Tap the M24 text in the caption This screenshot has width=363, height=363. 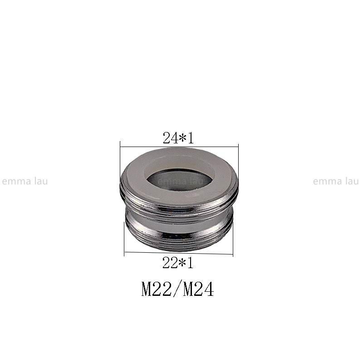tap(198, 289)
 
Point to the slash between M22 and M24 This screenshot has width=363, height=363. tap(177, 289)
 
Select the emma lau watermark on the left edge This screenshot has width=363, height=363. tap(25, 181)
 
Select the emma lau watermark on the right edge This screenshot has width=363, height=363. tap(336, 181)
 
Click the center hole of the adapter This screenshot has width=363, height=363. tap(180, 179)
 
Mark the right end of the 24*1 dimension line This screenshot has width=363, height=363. tap(238, 147)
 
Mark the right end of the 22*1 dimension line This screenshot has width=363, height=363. tap(233, 254)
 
